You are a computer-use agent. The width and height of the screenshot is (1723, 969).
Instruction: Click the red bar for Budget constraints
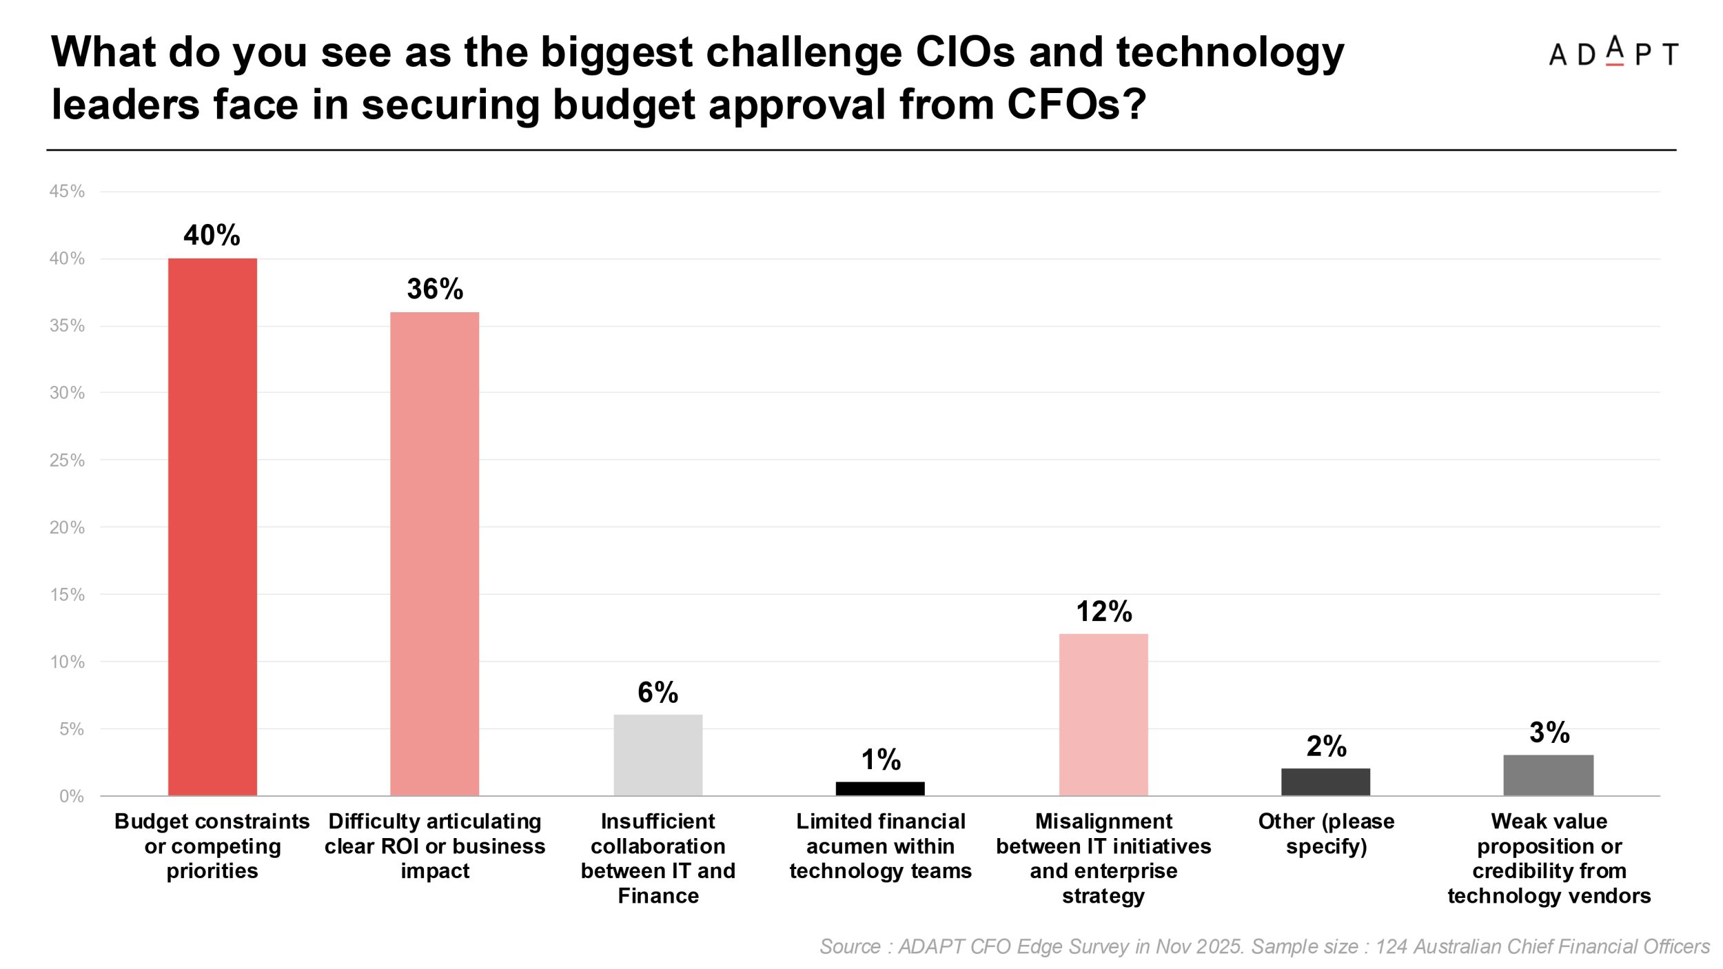click(x=212, y=527)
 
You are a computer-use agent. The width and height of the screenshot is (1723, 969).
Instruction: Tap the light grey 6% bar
click(x=657, y=755)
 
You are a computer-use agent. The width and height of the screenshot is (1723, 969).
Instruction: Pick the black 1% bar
click(x=880, y=788)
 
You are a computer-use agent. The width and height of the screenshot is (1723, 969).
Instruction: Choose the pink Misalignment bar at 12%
click(x=1103, y=715)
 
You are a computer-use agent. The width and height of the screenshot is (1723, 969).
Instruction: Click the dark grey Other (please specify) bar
click(x=1325, y=782)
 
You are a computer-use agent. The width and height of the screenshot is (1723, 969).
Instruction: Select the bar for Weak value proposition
click(x=1548, y=775)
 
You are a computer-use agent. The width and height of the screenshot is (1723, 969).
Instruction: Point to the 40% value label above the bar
click(x=212, y=236)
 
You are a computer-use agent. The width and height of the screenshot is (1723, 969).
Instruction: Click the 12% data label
click(x=1104, y=612)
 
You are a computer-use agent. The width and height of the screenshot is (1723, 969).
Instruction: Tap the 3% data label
click(x=1549, y=733)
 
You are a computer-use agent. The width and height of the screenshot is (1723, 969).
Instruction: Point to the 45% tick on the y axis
click(x=67, y=192)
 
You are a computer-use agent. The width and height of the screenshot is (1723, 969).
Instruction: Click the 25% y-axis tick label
click(x=67, y=460)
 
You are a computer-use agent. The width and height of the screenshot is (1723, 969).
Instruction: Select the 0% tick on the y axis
click(x=71, y=797)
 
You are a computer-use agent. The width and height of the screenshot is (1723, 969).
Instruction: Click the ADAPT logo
click(x=1613, y=53)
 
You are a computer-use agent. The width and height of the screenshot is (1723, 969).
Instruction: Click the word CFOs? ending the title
click(x=1077, y=105)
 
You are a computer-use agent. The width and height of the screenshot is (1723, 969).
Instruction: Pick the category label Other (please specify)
click(x=1326, y=834)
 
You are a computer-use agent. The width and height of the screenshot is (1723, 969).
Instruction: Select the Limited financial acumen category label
click(x=880, y=846)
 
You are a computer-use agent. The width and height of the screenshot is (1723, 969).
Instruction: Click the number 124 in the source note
click(x=1391, y=947)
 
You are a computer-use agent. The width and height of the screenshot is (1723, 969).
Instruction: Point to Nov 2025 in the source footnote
click(x=1200, y=947)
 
